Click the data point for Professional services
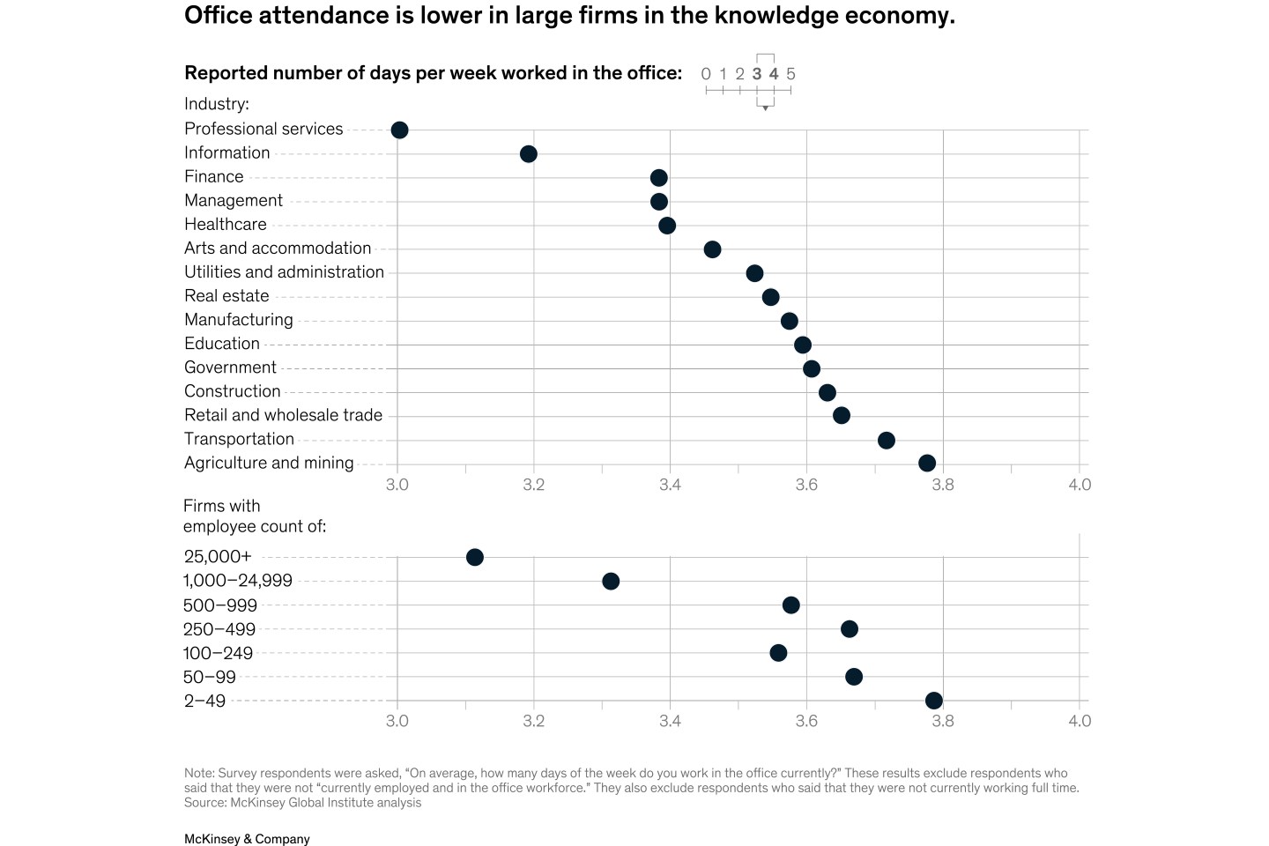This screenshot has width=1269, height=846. pos(399,130)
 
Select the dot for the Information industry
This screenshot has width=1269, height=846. pos(529,154)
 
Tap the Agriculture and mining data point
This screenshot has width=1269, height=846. pos(927,463)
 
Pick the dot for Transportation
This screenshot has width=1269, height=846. pos(887,440)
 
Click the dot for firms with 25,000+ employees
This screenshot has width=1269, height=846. pos(474,557)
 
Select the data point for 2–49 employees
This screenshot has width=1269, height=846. pos(934,701)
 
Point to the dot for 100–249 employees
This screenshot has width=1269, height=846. pos(778,653)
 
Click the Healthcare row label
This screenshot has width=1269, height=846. pos(226,225)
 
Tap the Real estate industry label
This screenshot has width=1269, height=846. pos(226,296)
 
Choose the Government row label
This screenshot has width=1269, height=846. pos(230,367)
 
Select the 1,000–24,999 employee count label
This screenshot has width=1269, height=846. pos(238,581)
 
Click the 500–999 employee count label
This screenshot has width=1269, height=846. pos(220,605)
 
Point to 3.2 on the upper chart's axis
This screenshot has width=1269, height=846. pos(533,485)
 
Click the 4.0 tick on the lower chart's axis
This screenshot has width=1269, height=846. pos(1080,721)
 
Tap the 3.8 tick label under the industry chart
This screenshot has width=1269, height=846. pos(943,485)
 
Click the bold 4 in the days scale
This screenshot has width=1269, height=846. pos(774,74)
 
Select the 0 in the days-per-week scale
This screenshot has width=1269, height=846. pos(706,74)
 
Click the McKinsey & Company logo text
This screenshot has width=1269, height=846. pos(247,839)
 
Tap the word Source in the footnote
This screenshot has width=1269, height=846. pos(204,803)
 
